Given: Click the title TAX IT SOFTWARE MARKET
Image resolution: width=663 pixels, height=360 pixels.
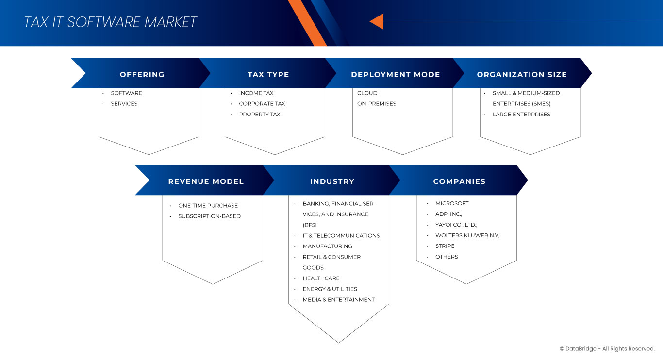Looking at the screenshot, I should (110, 22).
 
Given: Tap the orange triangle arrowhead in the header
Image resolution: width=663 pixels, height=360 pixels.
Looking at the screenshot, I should (377, 21).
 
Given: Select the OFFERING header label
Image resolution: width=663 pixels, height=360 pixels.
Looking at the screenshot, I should (142, 75).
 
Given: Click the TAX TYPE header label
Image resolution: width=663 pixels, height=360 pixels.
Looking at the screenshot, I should (268, 75).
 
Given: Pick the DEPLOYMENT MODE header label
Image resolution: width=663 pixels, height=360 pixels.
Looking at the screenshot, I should (396, 75).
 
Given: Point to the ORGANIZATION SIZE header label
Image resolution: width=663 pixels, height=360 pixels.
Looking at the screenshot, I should (522, 75).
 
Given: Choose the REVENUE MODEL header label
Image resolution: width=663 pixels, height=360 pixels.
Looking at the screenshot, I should (206, 181).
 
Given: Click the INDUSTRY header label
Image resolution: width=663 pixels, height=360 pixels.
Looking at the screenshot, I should (332, 181).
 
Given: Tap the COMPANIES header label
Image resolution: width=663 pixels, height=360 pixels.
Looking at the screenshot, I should (459, 181).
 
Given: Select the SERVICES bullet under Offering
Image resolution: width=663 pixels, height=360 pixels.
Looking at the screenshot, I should (124, 104).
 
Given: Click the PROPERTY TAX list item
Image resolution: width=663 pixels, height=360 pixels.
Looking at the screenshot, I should (260, 115).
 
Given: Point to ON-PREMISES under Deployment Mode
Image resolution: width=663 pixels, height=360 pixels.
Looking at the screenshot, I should (377, 104).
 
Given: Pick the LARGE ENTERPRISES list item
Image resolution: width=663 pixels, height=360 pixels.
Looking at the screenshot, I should (521, 115).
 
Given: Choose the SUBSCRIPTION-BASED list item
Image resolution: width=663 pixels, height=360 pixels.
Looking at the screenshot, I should (209, 216).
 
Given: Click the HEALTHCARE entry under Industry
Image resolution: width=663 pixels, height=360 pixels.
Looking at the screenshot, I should (321, 278).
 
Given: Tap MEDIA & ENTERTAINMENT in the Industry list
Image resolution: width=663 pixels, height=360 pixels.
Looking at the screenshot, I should (339, 300).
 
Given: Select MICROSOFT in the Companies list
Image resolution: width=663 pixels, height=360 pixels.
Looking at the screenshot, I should (452, 204).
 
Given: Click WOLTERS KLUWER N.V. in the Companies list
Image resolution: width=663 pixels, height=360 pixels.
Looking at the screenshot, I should (467, 236).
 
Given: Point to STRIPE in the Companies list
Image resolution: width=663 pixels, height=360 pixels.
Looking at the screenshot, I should (445, 246).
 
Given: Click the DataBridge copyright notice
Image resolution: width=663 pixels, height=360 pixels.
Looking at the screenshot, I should (607, 349).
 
